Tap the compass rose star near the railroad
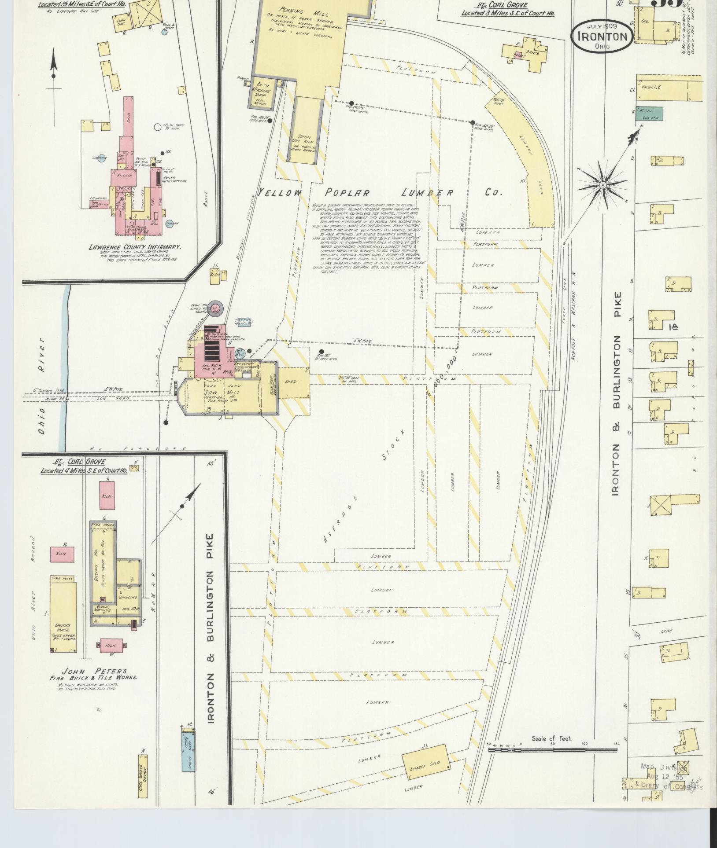[x=602, y=185]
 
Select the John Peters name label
[x=94, y=671]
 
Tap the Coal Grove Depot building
[x=143, y=777]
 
